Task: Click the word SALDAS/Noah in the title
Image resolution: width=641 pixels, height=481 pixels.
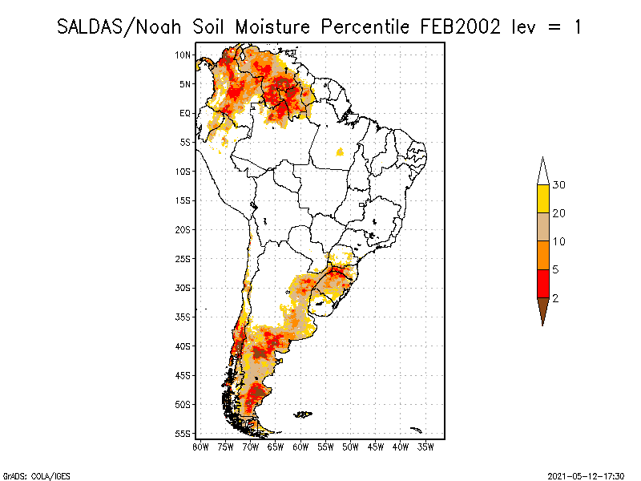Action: pyautogui.click(x=119, y=27)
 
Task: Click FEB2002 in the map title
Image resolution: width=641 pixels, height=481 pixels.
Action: pyautogui.click(x=460, y=27)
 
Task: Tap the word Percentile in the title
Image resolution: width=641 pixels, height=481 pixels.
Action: pyautogui.click(x=365, y=27)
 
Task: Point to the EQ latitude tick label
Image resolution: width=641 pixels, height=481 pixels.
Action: pyautogui.click(x=185, y=113)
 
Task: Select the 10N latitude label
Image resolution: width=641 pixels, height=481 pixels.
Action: pyautogui.click(x=183, y=55)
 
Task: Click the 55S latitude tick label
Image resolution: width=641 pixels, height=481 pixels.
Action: pyautogui.click(x=183, y=434)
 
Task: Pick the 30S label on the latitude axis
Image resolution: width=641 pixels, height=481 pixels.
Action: pyautogui.click(x=183, y=288)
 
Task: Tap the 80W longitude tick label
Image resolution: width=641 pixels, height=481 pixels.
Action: pyautogui.click(x=200, y=447)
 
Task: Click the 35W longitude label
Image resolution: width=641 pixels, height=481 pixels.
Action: pyautogui.click(x=425, y=447)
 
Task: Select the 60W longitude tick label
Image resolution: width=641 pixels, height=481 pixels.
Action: pyautogui.click(x=300, y=447)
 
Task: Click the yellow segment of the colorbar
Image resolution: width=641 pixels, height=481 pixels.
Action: pyautogui.click(x=543, y=199)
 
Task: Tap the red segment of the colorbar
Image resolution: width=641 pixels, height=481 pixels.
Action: pyautogui.click(x=543, y=284)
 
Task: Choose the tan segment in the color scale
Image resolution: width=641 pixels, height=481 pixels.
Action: pyautogui.click(x=543, y=227)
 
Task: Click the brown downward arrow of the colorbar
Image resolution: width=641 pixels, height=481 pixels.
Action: pyautogui.click(x=543, y=310)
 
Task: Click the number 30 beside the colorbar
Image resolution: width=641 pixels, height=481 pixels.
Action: pyautogui.click(x=558, y=185)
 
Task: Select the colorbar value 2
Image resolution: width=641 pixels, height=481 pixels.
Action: pyautogui.click(x=555, y=298)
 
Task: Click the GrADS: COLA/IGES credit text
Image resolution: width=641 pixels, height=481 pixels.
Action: pyautogui.click(x=37, y=476)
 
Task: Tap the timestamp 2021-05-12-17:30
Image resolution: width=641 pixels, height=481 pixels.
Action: pyautogui.click(x=586, y=476)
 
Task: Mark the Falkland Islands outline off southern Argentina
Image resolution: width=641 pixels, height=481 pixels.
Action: pyautogui.click(x=303, y=414)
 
